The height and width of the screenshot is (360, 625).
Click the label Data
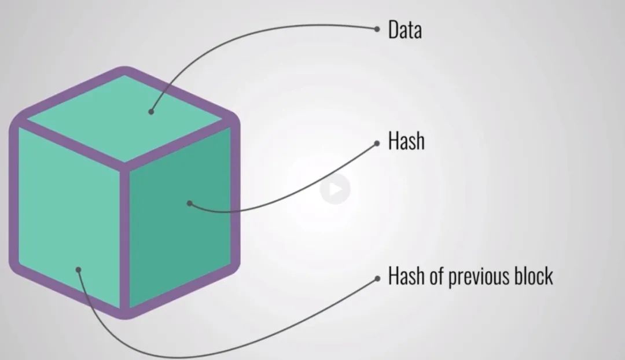[405, 30]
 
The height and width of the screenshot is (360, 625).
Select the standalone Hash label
[406, 141]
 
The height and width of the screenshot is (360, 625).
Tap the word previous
[466, 276]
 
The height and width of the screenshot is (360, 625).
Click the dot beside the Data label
[377, 28]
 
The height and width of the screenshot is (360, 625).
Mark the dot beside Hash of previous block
[377, 278]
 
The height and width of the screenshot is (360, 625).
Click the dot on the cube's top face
[151, 112]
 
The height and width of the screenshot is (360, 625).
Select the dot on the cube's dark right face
[189, 203]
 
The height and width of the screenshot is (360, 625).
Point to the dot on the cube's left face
[79, 269]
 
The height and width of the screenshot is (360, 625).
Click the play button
[335, 189]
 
